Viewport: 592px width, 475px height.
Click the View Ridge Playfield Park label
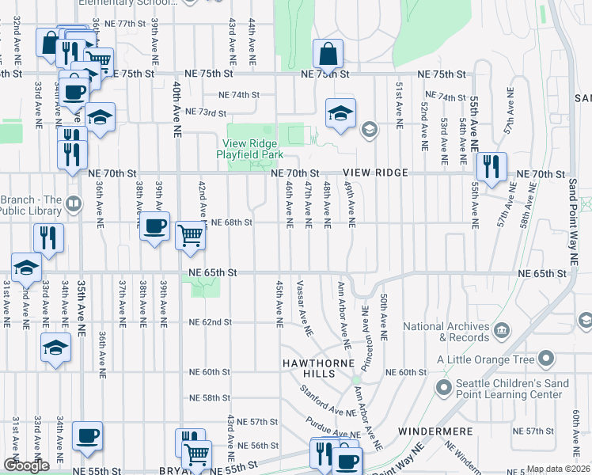pyautogui.click(x=251, y=149)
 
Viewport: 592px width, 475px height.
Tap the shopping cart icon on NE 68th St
pyautogui.click(x=190, y=235)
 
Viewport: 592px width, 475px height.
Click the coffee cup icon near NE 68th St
pyautogui.click(x=154, y=226)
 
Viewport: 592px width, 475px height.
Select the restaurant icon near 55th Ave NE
pyautogui.click(x=491, y=166)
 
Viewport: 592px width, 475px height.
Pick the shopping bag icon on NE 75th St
pyautogui.click(x=327, y=55)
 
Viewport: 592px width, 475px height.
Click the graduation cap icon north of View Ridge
pyautogui.click(x=340, y=114)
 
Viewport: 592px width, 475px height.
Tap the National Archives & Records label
pyautogui.click(x=446, y=332)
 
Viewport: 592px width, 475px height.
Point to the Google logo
pyautogui.click(x=26, y=465)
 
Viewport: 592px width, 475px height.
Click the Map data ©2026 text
pyautogui.click(x=558, y=469)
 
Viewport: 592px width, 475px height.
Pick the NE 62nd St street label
pyautogui.click(x=211, y=322)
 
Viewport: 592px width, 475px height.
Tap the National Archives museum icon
pyautogui.click(x=500, y=329)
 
